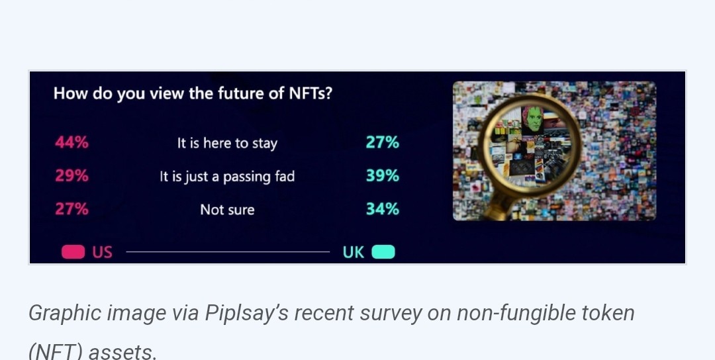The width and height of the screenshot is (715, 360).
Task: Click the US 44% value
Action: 71,143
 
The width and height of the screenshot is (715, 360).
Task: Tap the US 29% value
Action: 71,176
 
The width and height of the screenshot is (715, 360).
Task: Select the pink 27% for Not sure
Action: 71,209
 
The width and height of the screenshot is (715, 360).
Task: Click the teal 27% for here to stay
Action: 382,143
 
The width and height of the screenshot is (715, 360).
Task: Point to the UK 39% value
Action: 382,176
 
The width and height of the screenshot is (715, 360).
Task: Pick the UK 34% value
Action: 382,209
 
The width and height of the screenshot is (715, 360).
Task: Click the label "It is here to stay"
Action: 227,144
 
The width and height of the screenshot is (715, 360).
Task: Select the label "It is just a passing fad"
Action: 227,177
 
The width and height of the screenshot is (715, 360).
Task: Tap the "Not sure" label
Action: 227,210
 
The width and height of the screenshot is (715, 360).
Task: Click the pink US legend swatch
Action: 73,252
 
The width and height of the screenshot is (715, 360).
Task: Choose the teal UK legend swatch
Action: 383,252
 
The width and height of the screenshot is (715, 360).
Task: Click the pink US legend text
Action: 102,252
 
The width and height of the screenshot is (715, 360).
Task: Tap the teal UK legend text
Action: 354,252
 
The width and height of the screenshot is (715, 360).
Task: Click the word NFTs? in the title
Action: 310,93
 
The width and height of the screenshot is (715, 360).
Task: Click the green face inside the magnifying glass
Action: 532,119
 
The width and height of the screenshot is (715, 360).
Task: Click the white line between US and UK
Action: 228,251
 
